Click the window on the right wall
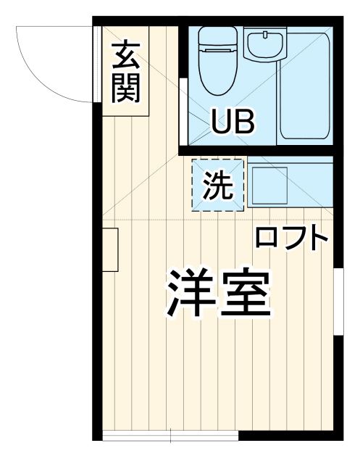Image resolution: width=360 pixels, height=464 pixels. tap(338, 300)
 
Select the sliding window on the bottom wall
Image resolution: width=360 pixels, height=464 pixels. tap(170, 436)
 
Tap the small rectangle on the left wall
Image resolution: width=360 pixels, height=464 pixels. tap(110, 249)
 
